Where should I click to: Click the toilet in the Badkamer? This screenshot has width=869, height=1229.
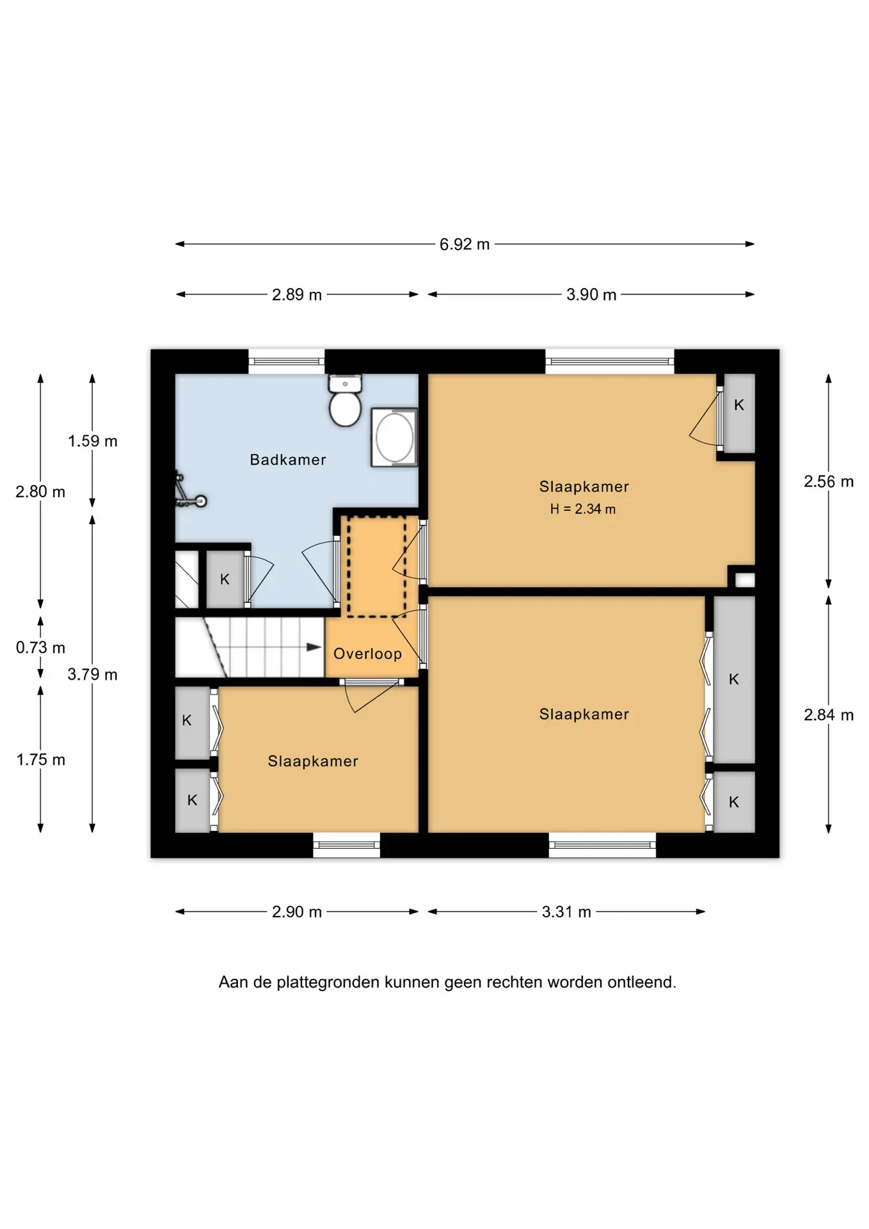point(346,400)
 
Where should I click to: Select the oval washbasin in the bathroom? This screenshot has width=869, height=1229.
point(394,437)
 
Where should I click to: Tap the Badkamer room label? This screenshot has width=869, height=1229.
point(288,460)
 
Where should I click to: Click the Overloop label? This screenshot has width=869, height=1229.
point(367,654)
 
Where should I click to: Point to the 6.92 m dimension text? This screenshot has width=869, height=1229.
point(465,244)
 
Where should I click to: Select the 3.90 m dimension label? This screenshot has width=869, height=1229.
point(591,294)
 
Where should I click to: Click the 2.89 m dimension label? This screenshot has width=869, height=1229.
point(297,294)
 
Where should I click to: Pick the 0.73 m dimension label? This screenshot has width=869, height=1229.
point(40,647)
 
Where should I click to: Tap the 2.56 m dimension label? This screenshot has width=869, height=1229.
point(829,481)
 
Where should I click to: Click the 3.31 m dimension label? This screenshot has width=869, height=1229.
point(566,912)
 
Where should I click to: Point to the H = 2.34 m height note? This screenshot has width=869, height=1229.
point(583,509)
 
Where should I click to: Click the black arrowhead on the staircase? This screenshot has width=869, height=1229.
point(314,647)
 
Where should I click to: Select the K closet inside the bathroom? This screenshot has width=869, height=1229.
point(225,579)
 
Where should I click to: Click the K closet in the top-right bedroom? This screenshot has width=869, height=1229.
point(738,413)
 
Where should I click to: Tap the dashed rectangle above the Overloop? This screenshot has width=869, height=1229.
point(377,566)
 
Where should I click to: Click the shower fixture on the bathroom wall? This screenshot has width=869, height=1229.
point(188,492)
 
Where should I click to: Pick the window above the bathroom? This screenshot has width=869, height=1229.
point(286,362)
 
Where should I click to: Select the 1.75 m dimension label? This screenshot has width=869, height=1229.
point(40,760)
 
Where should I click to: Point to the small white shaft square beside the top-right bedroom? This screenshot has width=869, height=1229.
point(745,580)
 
